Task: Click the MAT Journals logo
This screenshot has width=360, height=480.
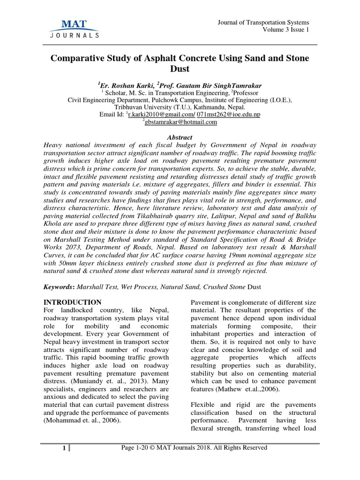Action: [x=74, y=28]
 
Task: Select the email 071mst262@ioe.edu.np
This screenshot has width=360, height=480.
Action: [x=228, y=114]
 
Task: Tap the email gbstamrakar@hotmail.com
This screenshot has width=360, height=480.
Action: [x=181, y=122]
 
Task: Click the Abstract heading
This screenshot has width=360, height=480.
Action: [x=180, y=137]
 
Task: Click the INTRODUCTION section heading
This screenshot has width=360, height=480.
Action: [x=72, y=302]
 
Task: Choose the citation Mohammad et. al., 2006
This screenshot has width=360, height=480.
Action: [x=82, y=420]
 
